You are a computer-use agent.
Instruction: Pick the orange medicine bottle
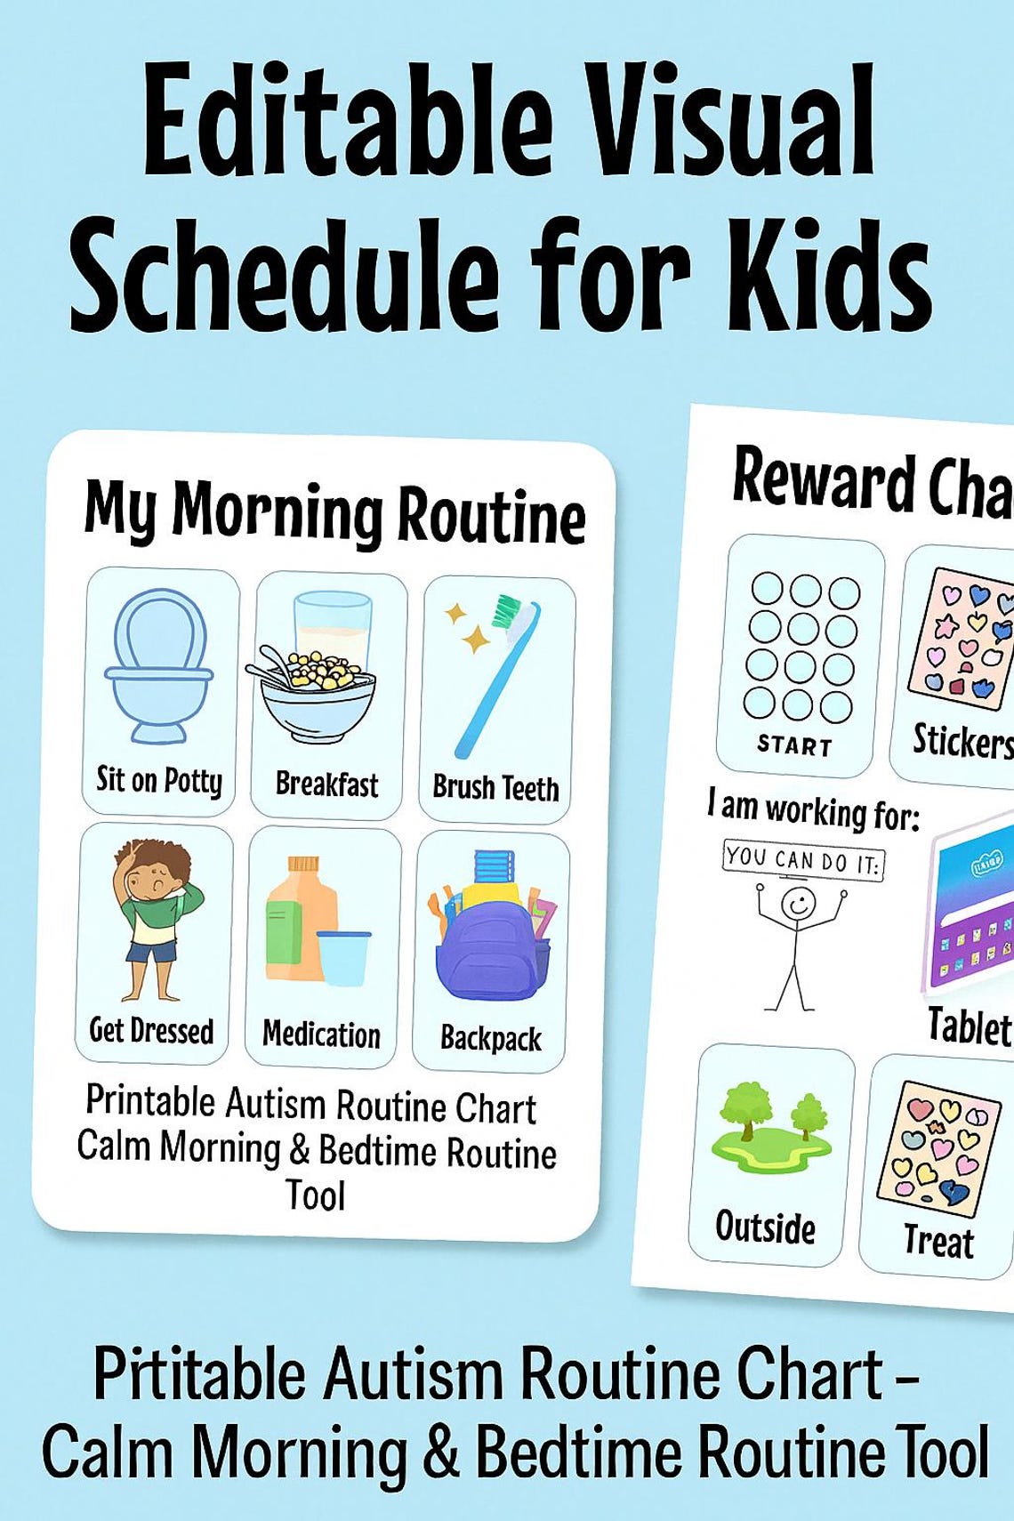(302, 921)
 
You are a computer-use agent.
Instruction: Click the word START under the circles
(794, 744)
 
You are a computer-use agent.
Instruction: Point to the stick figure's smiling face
(798, 903)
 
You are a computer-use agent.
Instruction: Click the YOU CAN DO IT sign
(803, 858)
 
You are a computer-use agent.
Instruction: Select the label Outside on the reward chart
(765, 1227)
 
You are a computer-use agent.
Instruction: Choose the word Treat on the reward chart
(938, 1241)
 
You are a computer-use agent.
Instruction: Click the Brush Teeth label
(495, 788)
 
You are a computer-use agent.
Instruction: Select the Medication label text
(321, 1034)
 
